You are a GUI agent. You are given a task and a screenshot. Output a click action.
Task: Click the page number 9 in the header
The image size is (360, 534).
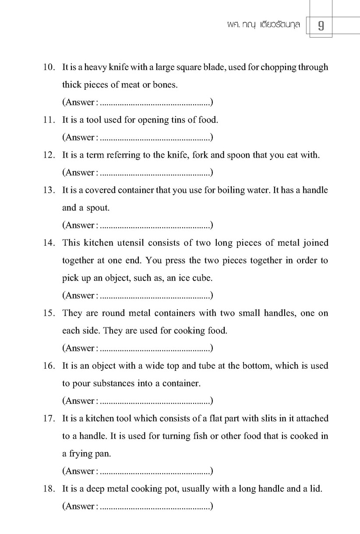(321, 25)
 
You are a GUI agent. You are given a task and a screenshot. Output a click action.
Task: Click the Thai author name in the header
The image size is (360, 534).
(261, 25)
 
